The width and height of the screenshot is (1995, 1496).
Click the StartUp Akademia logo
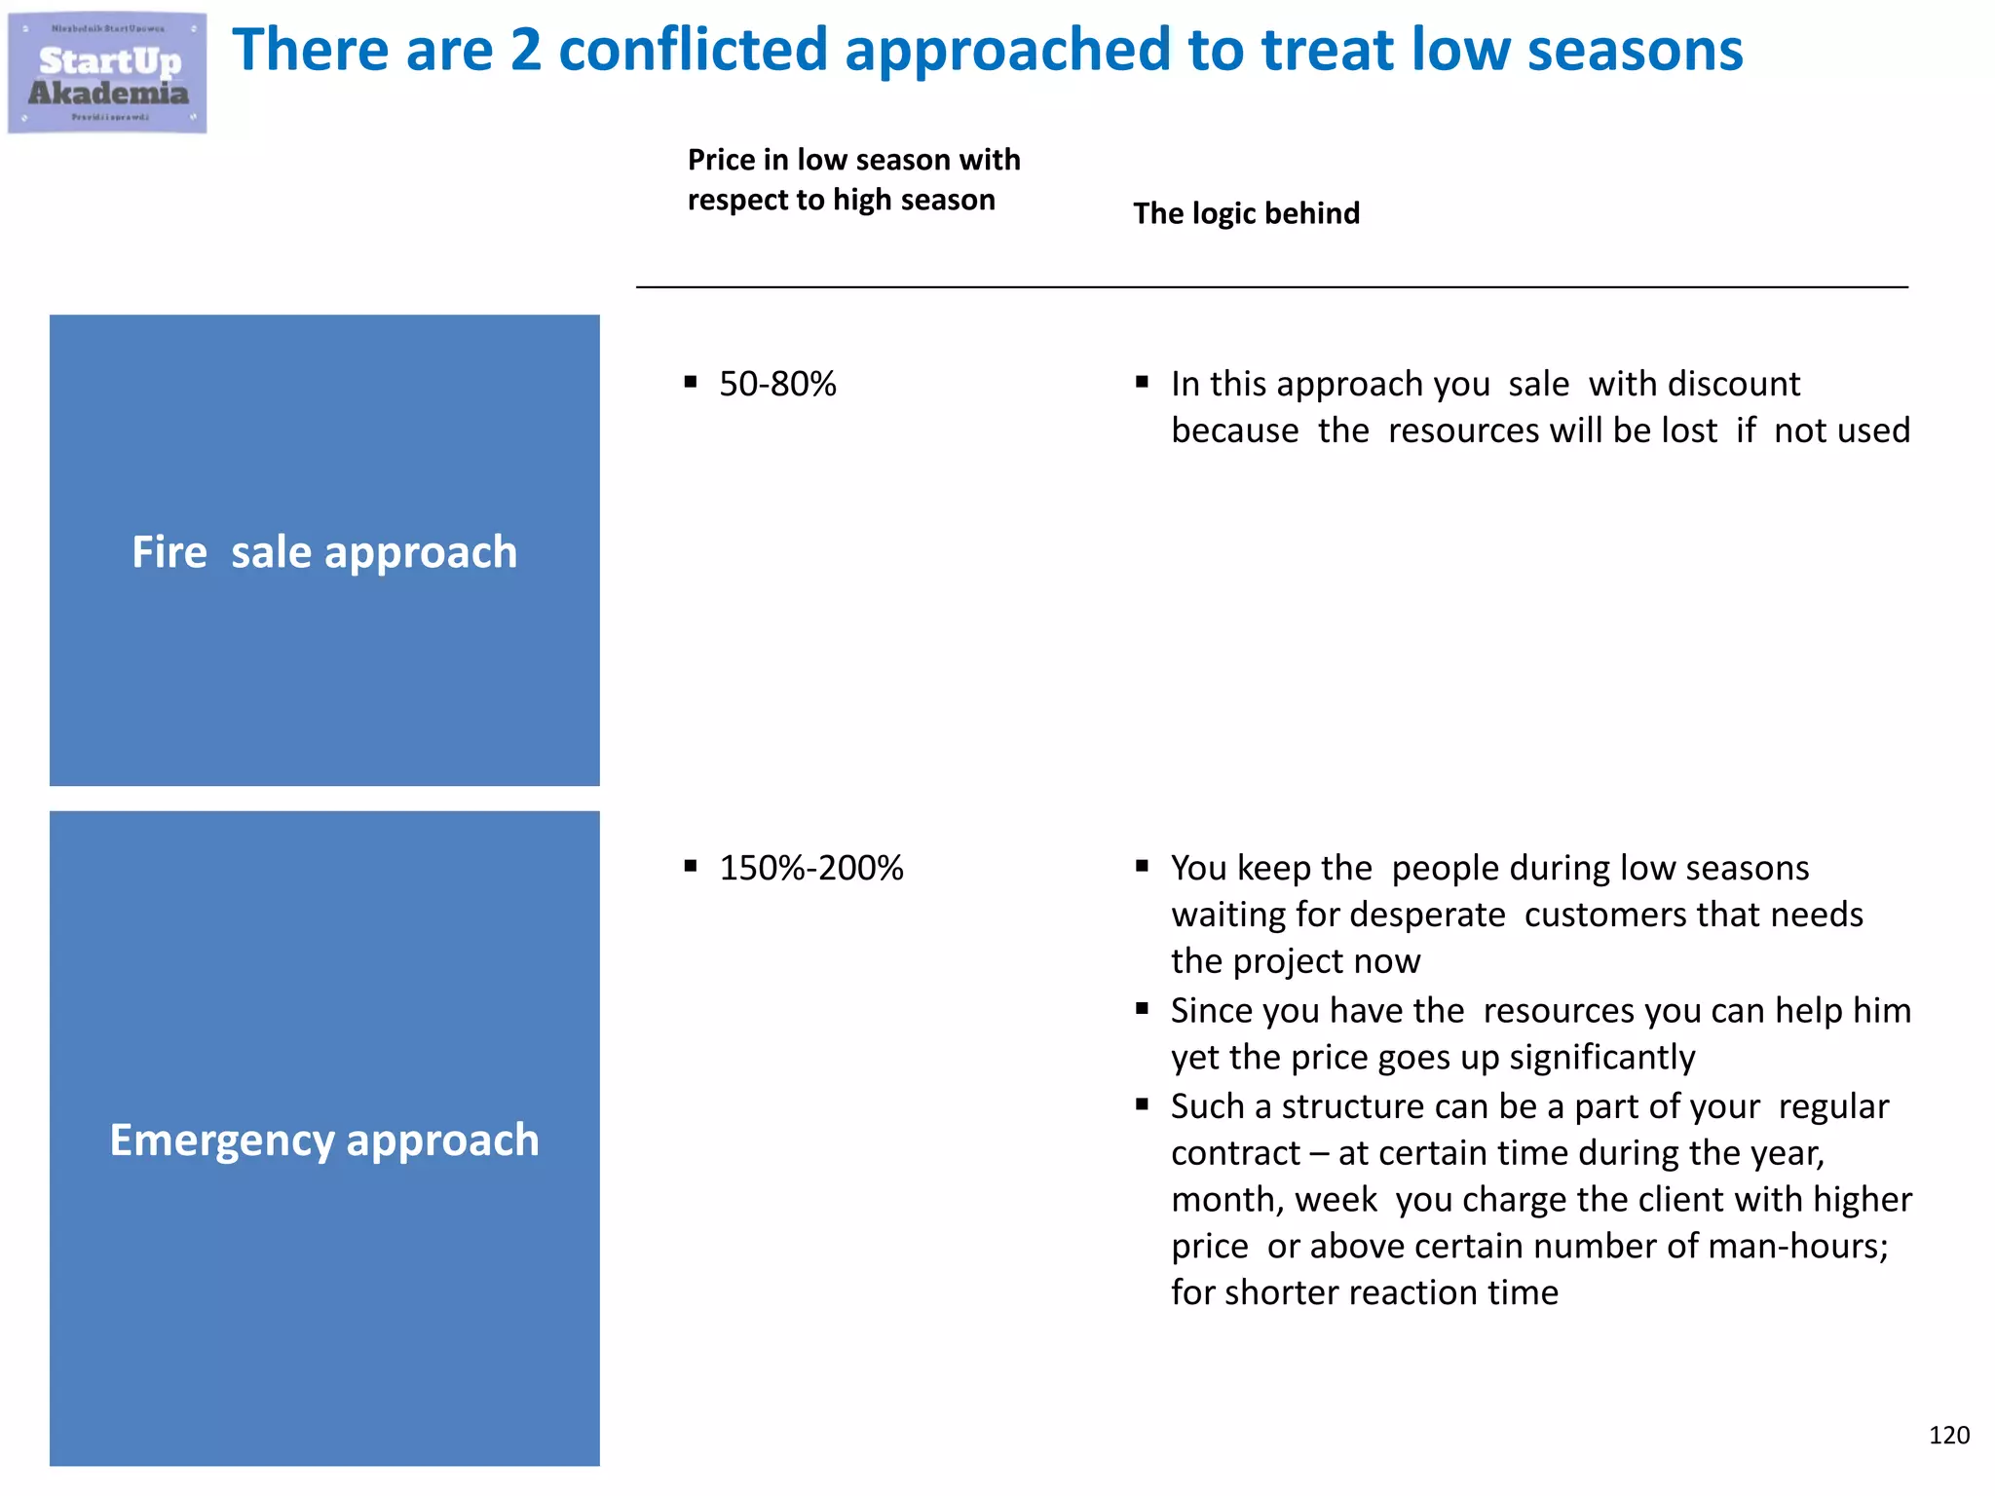point(107,73)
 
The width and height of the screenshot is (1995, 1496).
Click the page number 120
point(1948,1435)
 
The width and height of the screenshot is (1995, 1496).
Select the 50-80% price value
point(777,384)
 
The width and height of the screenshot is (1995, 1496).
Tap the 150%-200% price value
point(810,868)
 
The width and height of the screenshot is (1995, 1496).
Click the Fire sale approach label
point(324,551)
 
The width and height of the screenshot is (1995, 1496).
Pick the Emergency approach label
point(324,1140)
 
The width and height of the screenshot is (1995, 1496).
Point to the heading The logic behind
point(1246,213)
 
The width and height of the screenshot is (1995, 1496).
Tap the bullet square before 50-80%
point(691,382)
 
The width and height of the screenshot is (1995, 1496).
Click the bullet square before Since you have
point(1142,1009)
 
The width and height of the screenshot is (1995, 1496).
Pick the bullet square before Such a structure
point(1142,1104)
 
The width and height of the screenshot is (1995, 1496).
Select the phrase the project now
point(1296,961)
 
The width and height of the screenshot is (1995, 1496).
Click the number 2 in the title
point(526,51)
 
